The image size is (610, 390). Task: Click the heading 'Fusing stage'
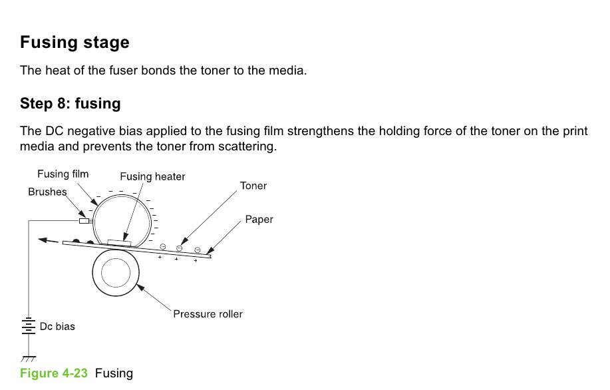point(75,43)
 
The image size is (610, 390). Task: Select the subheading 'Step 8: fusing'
point(70,104)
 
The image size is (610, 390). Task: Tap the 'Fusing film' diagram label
point(63,174)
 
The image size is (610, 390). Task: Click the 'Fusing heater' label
point(152,176)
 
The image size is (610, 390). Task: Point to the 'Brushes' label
point(47,192)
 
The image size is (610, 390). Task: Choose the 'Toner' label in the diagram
point(253,186)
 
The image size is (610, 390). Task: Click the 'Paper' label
point(259,219)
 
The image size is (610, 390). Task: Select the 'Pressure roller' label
point(208,314)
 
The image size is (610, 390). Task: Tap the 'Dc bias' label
point(57,326)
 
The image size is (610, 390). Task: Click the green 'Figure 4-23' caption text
point(54,373)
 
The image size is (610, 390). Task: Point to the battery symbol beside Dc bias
point(29,326)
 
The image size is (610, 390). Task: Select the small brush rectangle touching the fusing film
point(84,221)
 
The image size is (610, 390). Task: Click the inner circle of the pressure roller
point(116,273)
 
